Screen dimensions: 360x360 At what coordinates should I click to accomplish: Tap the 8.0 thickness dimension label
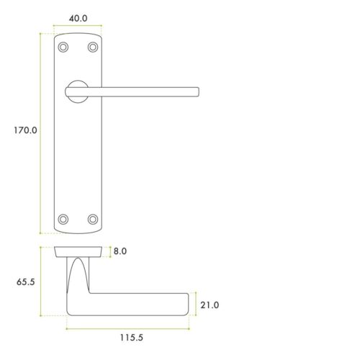pos(120,252)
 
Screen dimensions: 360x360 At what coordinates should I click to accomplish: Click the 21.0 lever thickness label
pos(210,305)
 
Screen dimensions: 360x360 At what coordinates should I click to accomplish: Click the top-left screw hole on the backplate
pos(63,48)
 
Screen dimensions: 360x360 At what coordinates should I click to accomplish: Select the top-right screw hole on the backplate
pos(92,48)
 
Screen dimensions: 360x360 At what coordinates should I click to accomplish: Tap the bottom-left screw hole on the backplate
pos(63,218)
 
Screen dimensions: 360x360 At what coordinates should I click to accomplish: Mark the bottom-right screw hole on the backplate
pos(92,218)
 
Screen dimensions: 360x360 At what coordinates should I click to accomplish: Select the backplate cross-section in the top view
pos(78,252)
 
